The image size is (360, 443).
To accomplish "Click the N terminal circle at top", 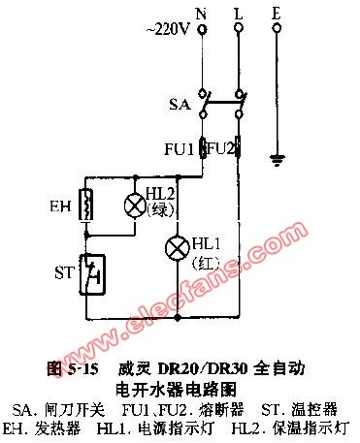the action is coord(203,30).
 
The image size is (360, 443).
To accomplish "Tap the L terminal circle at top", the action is coord(239,29).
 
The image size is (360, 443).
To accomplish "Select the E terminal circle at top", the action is coord(277,28).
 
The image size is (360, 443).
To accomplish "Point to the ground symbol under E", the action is coord(278,160).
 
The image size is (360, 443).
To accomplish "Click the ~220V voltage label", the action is coord(167,29).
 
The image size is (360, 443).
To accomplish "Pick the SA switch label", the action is coord(180,105).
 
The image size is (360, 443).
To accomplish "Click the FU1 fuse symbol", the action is coord(203,147).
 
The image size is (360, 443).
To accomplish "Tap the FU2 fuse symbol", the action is coord(238,146).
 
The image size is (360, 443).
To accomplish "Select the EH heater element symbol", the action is coord(86,206).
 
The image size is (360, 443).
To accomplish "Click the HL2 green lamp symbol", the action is coord(135,205).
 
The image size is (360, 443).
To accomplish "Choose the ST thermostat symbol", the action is coord(92,274).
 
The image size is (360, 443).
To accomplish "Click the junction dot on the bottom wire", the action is coord(178,317).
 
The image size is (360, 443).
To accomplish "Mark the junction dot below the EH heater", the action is coord(86,236).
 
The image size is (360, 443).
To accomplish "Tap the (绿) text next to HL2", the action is coord(161,211).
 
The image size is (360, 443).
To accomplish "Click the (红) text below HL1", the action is coord(206,264).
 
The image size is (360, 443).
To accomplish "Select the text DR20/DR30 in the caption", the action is coord(203,368).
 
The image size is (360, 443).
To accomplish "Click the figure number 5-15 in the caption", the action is coord(82,368).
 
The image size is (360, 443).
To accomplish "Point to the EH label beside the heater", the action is coord(60,206).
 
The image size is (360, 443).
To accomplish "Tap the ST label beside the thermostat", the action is coord(65,273).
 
